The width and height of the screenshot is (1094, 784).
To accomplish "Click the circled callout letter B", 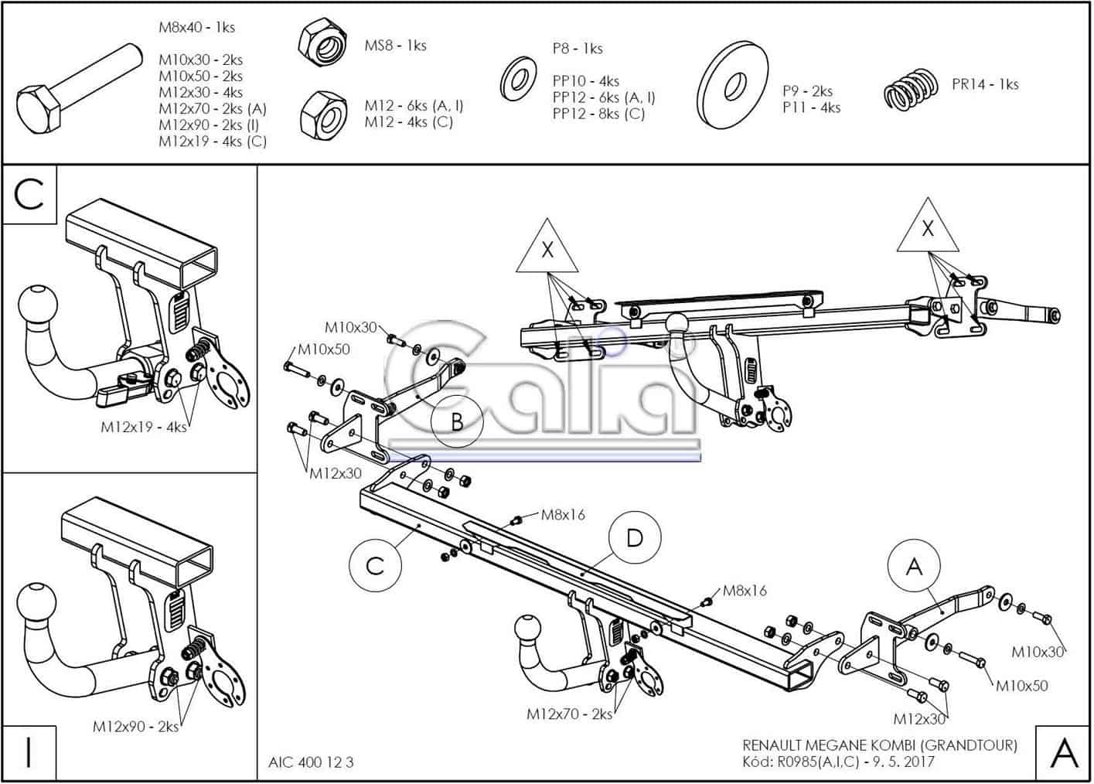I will (457, 422).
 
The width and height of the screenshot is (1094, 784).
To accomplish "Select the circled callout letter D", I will (634, 538).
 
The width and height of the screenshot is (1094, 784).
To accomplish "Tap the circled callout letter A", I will (914, 567).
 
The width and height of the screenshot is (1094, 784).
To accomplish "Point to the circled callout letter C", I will (375, 565).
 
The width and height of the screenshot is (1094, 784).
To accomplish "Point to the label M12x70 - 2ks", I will (569, 714).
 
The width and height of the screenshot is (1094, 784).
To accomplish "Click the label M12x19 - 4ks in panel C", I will (144, 426).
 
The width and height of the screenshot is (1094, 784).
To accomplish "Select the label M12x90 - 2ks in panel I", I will (135, 727).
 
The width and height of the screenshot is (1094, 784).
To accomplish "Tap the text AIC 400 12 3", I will (311, 762).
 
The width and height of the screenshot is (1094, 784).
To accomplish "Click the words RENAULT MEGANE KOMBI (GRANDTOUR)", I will (880, 745).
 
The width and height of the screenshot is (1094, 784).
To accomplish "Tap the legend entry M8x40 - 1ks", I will (196, 27).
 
